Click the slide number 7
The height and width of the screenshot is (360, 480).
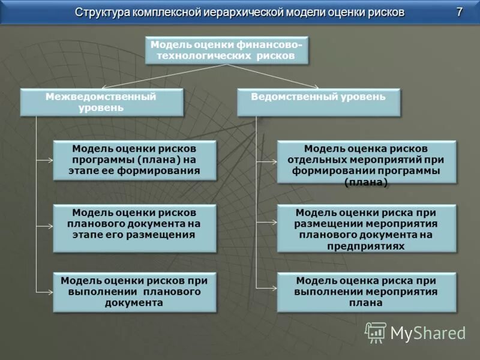click(459, 12)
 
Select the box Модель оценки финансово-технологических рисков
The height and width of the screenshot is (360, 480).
click(227, 50)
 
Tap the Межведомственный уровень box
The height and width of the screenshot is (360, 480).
click(101, 103)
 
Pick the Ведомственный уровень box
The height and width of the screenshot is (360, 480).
click(318, 103)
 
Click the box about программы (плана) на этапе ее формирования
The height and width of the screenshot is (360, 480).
click(134, 160)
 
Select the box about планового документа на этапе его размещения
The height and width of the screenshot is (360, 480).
click(134, 228)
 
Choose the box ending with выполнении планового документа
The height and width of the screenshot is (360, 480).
click(134, 292)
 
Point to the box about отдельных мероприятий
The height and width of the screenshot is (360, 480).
click(366, 162)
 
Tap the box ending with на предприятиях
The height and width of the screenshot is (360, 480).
click(366, 228)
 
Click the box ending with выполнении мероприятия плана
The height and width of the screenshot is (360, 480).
click(366, 292)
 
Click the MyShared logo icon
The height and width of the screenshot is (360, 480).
click(376, 332)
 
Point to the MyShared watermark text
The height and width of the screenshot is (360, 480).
click(428, 333)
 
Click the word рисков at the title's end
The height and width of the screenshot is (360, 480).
click(384, 13)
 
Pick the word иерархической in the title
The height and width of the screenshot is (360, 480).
click(234, 13)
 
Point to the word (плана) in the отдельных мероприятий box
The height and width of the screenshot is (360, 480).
click(366, 182)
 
